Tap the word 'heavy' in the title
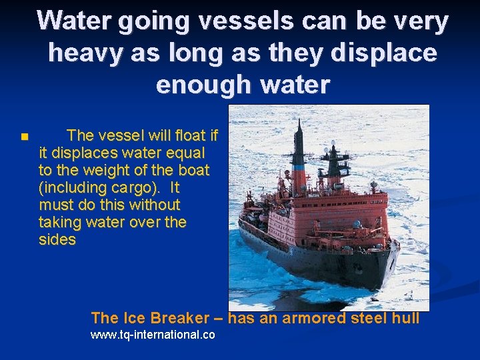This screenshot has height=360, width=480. pyautogui.click(x=81, y=53)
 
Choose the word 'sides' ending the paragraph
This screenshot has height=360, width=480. pyautogui.click(x=57, y=240)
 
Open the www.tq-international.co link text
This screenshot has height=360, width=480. pyautogui.click(x=153, y=335)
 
